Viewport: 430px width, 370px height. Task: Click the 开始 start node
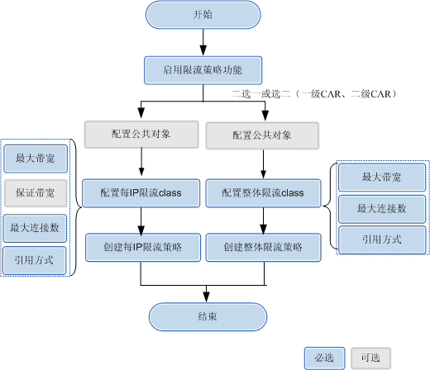(203, 15)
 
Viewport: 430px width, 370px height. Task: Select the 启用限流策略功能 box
(203, 70)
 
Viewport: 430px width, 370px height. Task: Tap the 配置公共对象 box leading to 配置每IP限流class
(141, 135)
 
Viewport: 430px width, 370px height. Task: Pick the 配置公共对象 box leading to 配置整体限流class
(262, 135)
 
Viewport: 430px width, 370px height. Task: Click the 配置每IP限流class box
(141, 193)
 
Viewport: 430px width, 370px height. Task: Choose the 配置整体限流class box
(263, 193)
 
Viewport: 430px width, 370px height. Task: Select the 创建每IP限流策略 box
(143, 247)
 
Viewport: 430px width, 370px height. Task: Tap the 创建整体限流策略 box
(263, 247)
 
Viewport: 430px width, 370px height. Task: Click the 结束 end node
(208, 316)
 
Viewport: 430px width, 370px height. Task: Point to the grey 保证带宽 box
(36, 193)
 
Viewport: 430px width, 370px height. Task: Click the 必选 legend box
(325, 358)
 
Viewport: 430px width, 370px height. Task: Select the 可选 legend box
(371, 358)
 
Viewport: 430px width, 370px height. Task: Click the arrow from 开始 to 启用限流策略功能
(203, 42)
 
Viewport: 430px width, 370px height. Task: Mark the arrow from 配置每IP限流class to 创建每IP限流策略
(141, 221)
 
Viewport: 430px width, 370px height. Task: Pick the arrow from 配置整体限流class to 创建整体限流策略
(263, 221)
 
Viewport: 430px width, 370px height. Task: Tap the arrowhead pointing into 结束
(206, 297)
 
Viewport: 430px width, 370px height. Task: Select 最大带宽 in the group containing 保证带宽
(36, 159)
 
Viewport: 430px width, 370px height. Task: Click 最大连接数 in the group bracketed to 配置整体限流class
(382, 209)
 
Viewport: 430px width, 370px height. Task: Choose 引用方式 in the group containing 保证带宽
(35, 260)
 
